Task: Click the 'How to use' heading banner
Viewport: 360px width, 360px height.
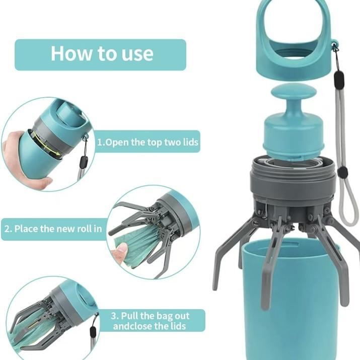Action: click(101, 54)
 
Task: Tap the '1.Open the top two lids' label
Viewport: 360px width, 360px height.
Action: click(148, 142)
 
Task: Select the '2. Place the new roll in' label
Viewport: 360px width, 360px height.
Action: click(53, 229)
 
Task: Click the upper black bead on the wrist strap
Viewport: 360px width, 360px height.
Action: click(339, 78)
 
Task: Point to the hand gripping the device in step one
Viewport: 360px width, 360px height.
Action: click(20, 156)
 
